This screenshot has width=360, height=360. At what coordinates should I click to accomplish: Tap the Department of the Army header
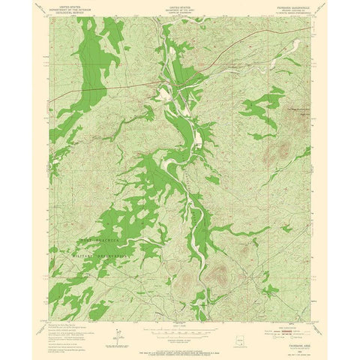point(180,8)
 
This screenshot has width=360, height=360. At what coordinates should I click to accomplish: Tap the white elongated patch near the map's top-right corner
point(295,47)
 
